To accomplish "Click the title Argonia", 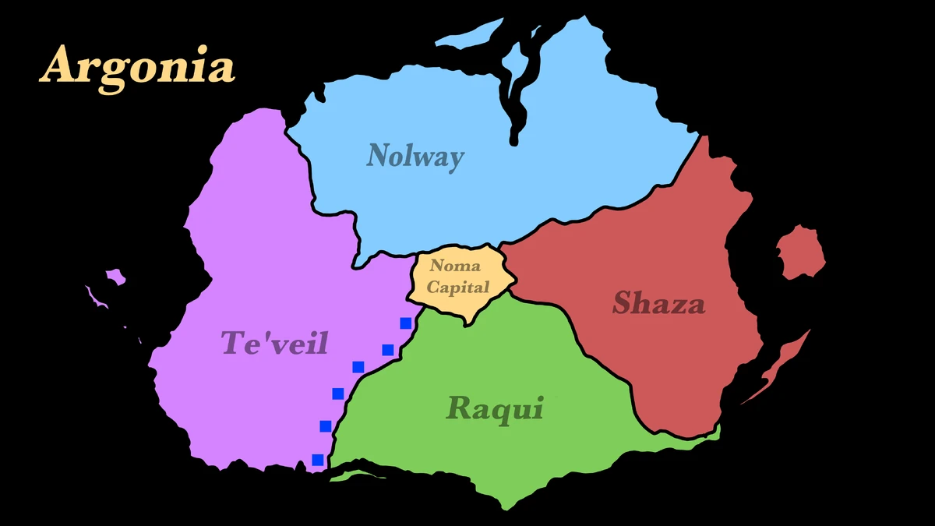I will point(138,66).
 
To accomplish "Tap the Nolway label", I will point(415,156).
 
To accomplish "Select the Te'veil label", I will point(274,343).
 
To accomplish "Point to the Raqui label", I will point(494,408).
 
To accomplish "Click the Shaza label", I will point(658,303).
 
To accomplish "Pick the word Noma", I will point(456,267).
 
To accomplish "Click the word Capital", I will point(458,287).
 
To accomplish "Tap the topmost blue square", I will point(405,323).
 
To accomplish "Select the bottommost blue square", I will point(318,460).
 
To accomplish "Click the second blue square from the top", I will point(387,349).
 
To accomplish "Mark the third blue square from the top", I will point(358,367).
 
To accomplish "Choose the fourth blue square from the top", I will point(338,394).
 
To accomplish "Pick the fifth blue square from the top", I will point(326,425).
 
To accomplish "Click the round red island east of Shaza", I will point(800,252).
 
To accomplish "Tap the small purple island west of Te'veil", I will point(115,276).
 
